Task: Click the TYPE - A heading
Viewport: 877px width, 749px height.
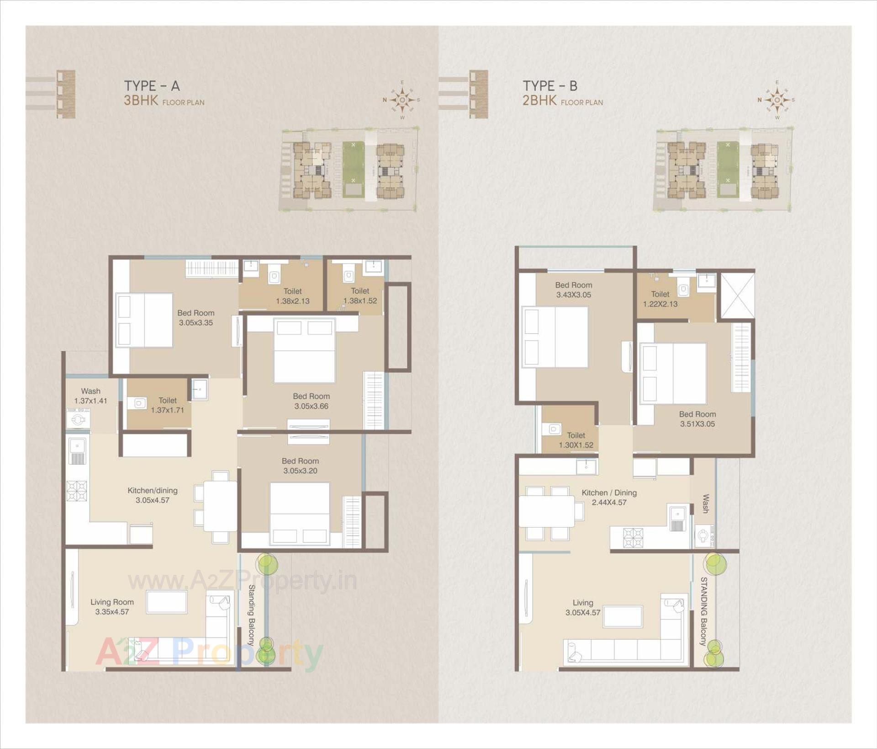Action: point(152,86)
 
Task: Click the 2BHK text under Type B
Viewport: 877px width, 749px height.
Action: point(539,101)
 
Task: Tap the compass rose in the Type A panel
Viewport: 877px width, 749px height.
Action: point(402,100)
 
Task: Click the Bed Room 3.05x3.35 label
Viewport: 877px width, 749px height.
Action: point(195,318)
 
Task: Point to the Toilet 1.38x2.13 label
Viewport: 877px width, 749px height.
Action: point(292,296)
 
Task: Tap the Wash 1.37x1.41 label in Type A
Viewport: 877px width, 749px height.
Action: point(90,396)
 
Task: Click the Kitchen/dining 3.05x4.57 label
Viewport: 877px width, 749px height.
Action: point(152,495)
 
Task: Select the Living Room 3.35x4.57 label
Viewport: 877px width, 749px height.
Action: point(112,607)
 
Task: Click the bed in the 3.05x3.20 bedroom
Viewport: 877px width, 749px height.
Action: point(300,514)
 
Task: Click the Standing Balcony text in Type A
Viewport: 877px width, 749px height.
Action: point(251,615)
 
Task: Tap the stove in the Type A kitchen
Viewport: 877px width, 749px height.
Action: point(77,491)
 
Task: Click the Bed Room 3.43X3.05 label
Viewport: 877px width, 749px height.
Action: point(573,290)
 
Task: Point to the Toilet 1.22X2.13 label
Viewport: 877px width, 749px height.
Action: point(660,299)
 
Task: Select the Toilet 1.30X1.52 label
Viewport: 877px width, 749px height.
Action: point(576,440)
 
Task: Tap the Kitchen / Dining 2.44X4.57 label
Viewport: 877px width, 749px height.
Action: point(609,498)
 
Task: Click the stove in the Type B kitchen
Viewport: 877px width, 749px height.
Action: point(633,538)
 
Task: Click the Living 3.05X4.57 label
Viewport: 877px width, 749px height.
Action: point(582,608)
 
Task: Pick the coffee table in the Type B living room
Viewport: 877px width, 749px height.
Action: point(623,616)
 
